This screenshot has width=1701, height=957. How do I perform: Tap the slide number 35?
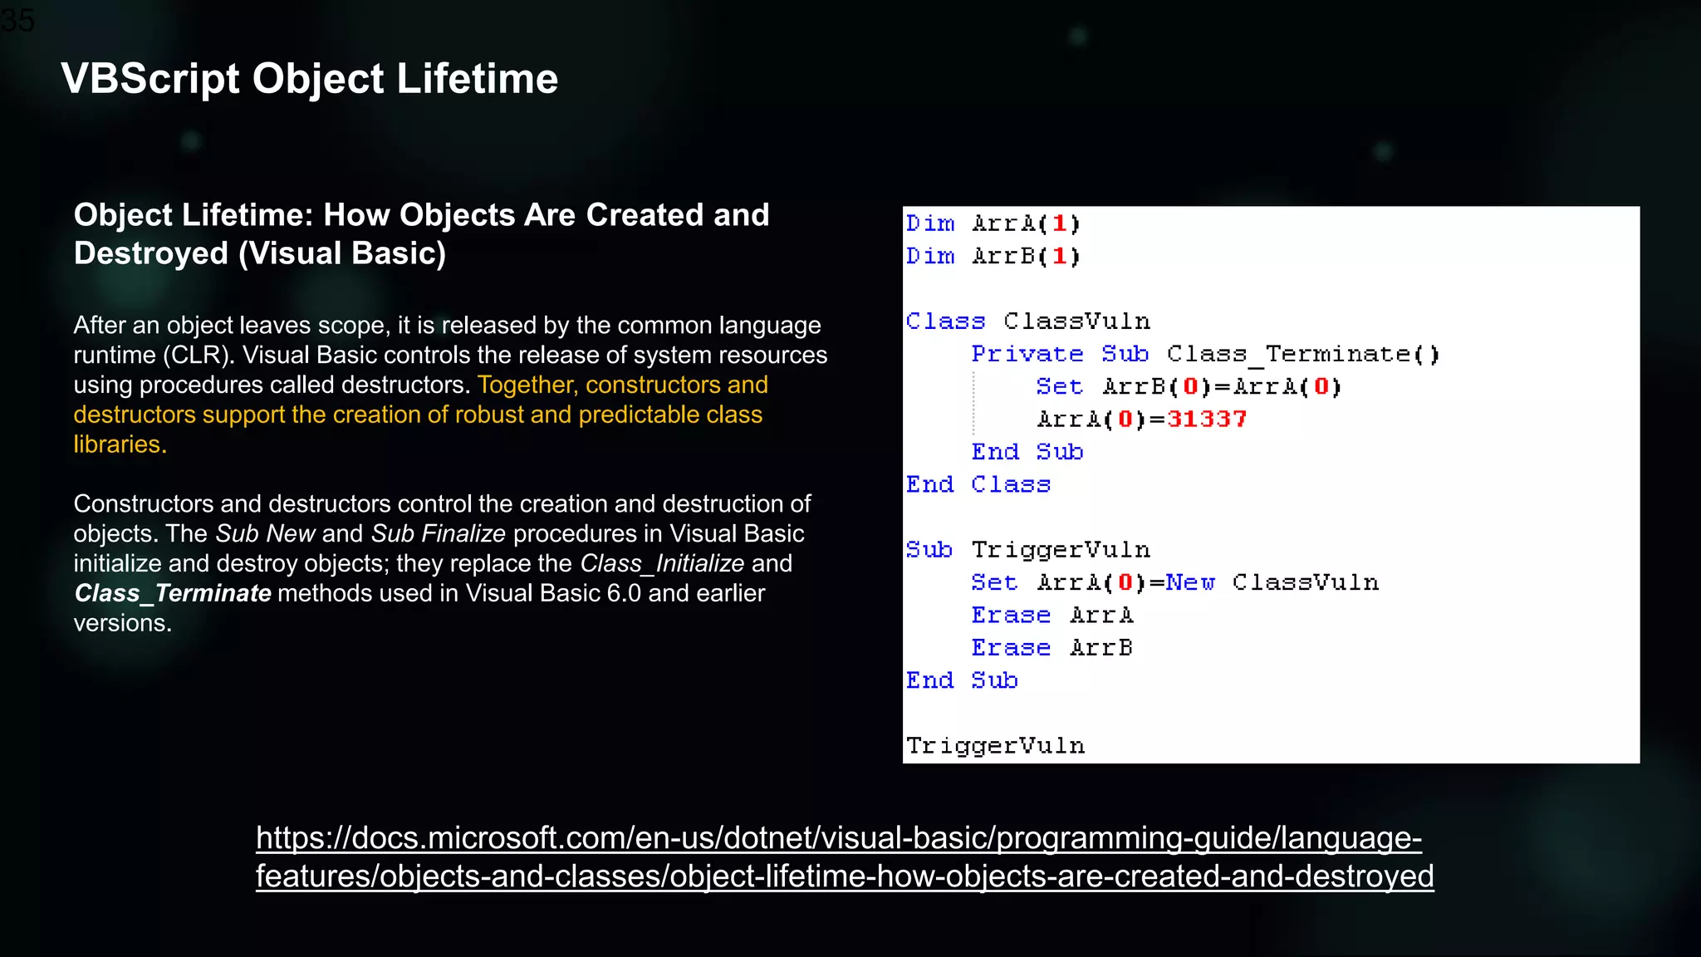(18, 20)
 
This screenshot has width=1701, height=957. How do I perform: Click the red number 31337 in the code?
(1206, 419)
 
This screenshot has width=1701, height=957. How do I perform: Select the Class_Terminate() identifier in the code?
(1302, 354)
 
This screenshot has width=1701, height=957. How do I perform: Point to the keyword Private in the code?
(1027, 354)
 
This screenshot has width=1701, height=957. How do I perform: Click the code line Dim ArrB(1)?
(993, 256)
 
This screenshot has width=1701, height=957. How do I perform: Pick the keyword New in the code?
(1189, 582)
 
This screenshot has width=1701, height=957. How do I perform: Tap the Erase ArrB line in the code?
(1051, 647)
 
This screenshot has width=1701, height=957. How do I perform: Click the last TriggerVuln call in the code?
(995, 745)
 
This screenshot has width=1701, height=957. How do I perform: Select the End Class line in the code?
(978, 484)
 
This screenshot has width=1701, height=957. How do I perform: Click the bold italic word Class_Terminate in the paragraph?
(173, 593)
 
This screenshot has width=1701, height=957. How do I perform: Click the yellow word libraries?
(120, 444)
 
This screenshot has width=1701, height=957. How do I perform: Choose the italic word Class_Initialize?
(662, 563)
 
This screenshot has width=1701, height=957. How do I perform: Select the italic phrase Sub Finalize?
(439, 533)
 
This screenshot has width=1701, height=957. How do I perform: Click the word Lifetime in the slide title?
(477, 79)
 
